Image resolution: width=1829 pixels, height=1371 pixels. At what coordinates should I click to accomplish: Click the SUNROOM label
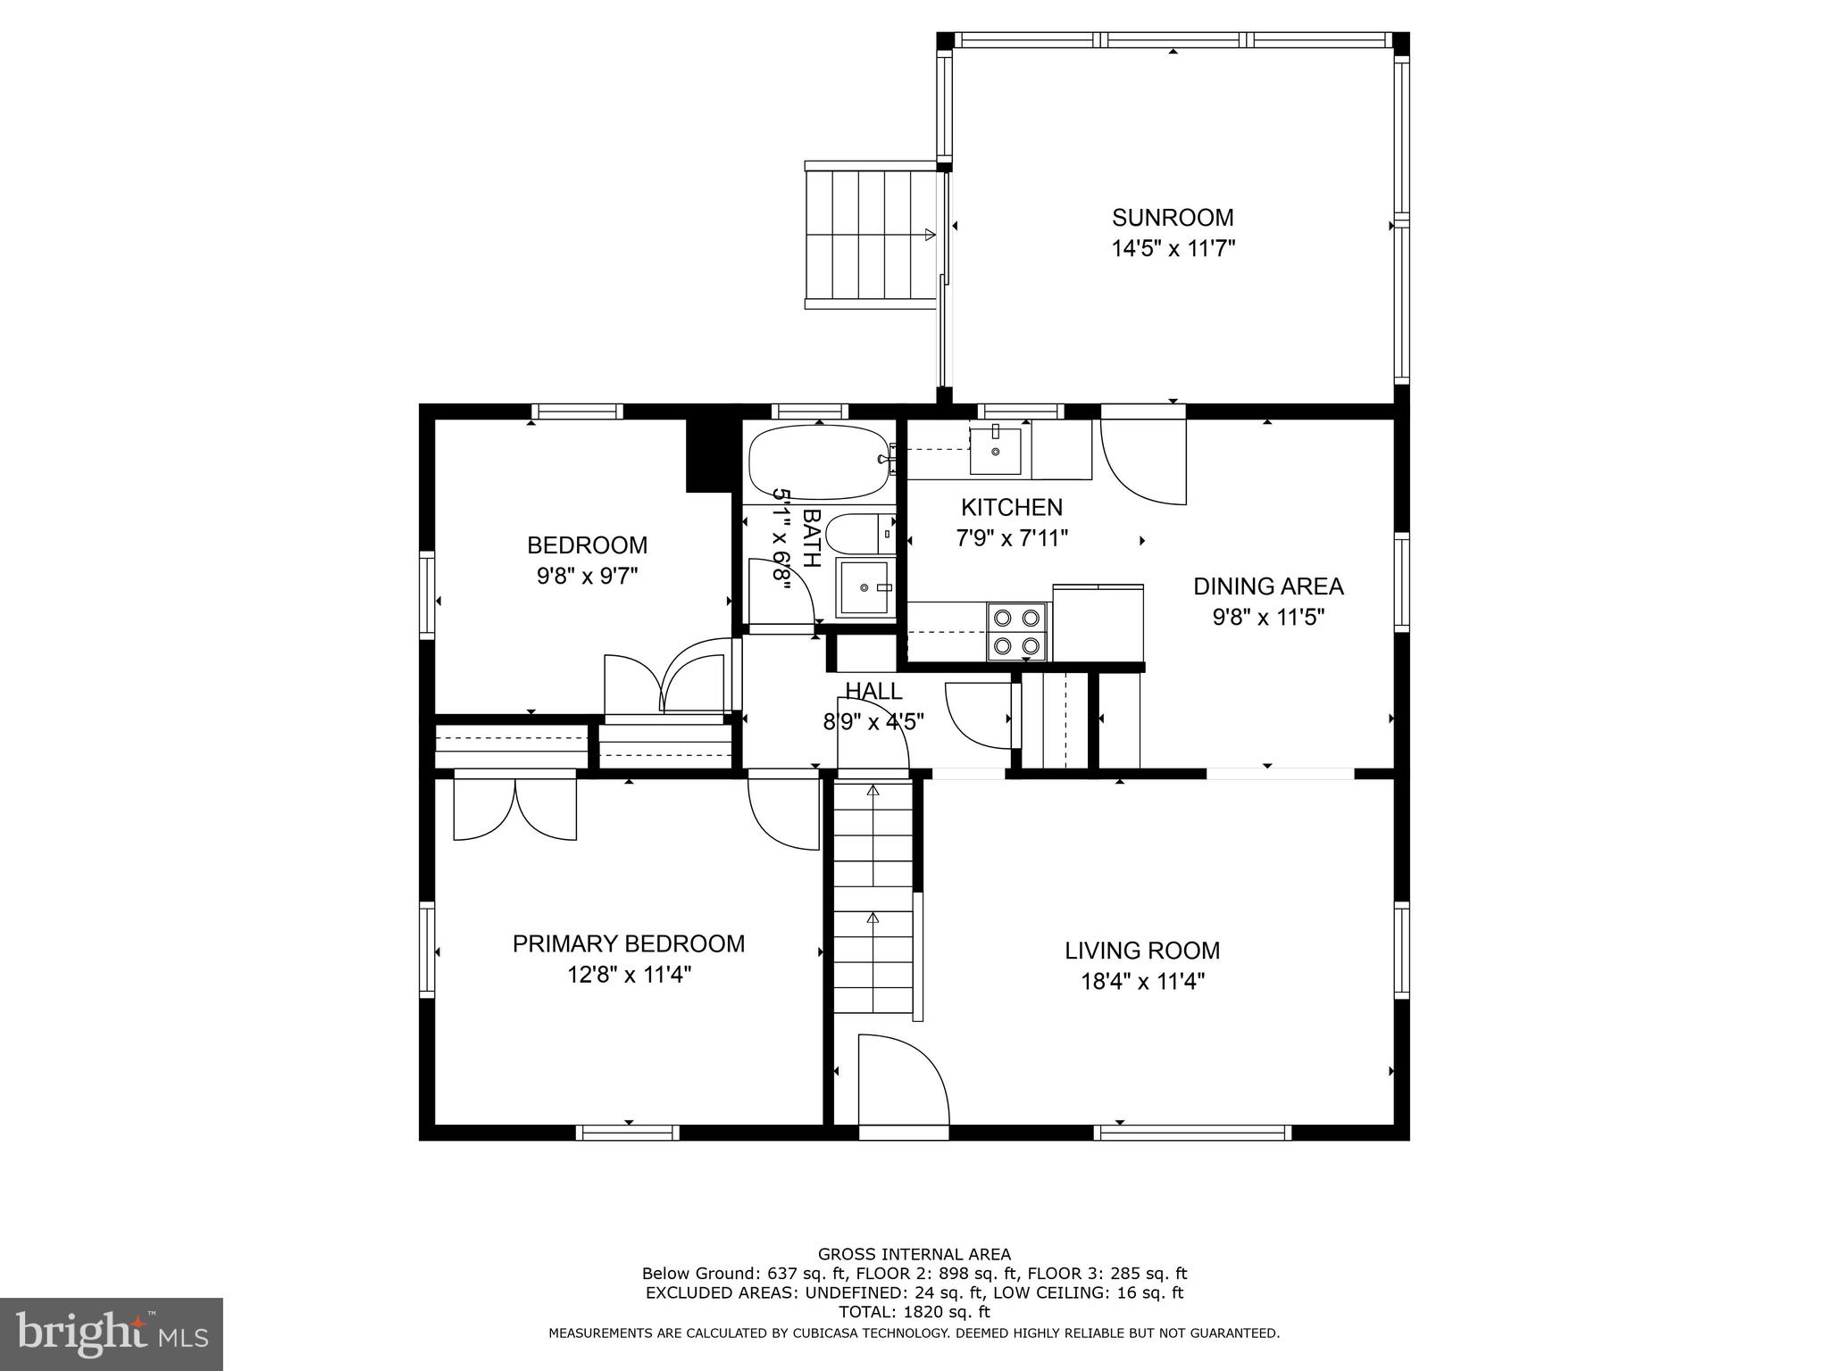pos(1172,218)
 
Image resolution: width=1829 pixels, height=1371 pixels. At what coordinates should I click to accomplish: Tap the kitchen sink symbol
pos(995,451)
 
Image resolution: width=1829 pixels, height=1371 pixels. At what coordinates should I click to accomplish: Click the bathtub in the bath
pos(818,461)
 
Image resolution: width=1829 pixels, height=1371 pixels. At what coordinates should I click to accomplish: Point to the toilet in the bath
pos(858,535)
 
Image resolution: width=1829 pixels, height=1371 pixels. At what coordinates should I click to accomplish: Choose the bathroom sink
pos(864,587)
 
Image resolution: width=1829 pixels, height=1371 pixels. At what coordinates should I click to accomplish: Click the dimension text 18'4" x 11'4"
pos(1142,982)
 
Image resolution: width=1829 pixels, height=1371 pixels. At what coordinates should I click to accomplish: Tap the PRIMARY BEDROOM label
pos(628,943)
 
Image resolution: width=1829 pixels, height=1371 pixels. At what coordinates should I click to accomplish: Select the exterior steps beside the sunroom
pos(872,236)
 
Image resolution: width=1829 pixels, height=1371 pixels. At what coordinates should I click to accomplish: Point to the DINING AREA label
pos(1267,586)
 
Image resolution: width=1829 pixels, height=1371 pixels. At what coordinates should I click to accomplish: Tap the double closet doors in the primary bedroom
pos(515,809)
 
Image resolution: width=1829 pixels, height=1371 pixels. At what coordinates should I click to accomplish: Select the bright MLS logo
pos(111,1334)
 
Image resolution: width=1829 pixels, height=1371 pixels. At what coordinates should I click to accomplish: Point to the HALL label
pos(873,691)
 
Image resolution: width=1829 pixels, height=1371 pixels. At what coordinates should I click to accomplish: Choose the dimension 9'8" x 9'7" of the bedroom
pos(587,577)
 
